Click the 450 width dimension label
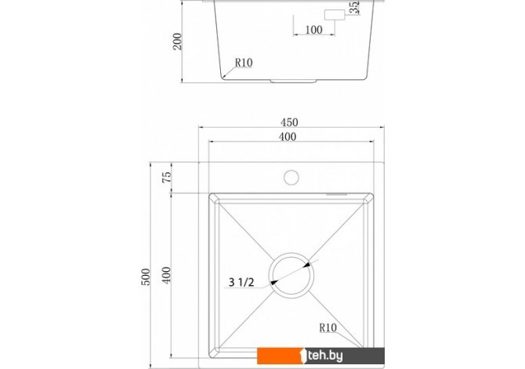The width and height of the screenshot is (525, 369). (x=289, y=122)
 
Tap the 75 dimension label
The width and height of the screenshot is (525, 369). (x=167, y=177)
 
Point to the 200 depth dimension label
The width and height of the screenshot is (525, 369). (x=177, y=42)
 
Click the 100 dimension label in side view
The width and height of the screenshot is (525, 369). (x=313, y=30)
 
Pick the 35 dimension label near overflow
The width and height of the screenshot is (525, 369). (x=354, y=7)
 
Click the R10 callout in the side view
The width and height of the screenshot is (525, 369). (x=244, y=63)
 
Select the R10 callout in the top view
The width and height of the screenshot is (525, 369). (x=328, y=327)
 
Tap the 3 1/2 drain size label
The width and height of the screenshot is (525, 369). (x=241, y=282)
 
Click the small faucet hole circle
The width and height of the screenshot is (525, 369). (x=291, y=178)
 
